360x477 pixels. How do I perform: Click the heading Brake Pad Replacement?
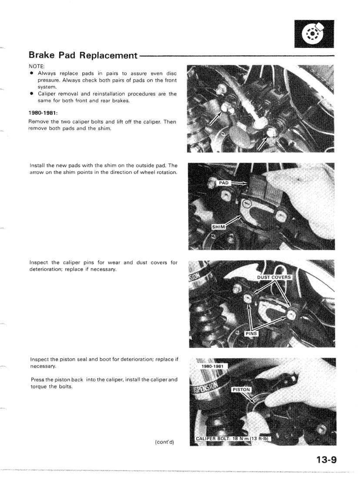83,56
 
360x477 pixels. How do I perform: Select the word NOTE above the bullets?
37,67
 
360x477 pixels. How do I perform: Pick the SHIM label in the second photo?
219,227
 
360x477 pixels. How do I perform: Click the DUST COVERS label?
275,277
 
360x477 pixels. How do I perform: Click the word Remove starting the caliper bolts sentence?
40,122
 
